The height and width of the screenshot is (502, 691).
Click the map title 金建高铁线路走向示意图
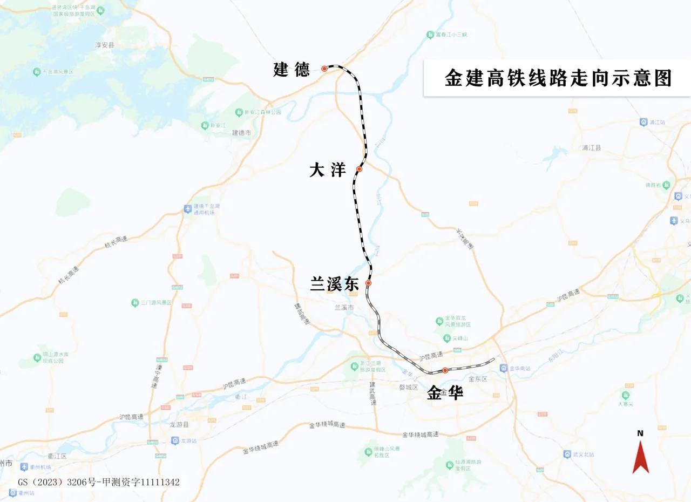(x=558, y=78)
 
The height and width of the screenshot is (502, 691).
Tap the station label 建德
(x=291, y=70)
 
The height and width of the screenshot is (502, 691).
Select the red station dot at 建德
(x=324, y=69)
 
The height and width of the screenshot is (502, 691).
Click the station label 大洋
(x=327, y=171)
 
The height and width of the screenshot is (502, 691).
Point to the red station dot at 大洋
(x=359, y=169)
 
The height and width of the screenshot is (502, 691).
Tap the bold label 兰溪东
(x=334, y=284)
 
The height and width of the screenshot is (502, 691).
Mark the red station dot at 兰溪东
(x=368, y=283)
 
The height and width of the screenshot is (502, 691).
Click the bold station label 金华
(x=445, y=393)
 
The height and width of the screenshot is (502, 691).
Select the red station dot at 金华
(x=445, y=370)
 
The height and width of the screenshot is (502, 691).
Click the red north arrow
(x=640, y=457)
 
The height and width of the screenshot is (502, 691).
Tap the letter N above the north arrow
(x=640, y=433)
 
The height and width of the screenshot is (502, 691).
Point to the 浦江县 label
(x=592, y=147)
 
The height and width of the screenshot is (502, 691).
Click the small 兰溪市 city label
(x=344, y=307)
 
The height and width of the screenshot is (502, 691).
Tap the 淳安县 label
(x=105, y=45)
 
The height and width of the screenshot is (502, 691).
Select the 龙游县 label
(x=179, y=425)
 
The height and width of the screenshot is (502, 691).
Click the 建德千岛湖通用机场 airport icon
(x=187, y=209)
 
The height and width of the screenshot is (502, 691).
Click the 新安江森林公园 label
(x=263, y=112)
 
